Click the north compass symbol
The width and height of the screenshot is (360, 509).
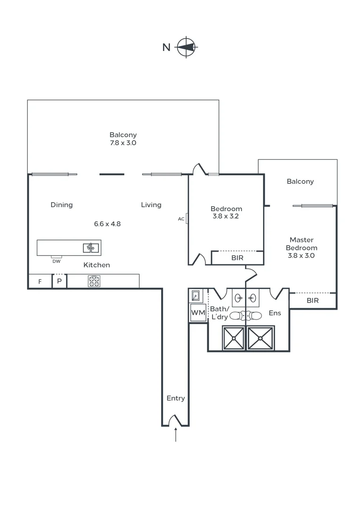click(187, 47)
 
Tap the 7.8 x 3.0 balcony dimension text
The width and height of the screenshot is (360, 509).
click(123, 143)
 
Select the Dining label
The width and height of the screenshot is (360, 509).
click(62, 205)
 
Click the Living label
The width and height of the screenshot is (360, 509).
click(151, 205)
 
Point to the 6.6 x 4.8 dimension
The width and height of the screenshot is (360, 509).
click(107, 224)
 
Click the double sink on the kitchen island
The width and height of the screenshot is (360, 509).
click(90, 247)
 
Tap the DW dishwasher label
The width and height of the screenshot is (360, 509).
click(57, 261)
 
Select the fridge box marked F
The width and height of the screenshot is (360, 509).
click(40, 281)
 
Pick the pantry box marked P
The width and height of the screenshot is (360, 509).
click(59, 281)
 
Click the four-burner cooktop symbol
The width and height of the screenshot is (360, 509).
click(94, 281)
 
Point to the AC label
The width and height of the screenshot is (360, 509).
click(181, 219)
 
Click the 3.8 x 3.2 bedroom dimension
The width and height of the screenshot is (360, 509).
click(226, 217)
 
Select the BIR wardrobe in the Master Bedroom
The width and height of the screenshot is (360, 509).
click(312, 300)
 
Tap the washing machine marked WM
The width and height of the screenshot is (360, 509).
click(197, 312)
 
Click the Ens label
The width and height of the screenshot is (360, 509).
click(274, 312)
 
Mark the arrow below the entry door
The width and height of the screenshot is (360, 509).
click(176, 435)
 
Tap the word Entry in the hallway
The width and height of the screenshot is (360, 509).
click(176, 398)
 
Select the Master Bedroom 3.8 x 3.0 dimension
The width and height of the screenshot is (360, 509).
click(301, 256)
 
